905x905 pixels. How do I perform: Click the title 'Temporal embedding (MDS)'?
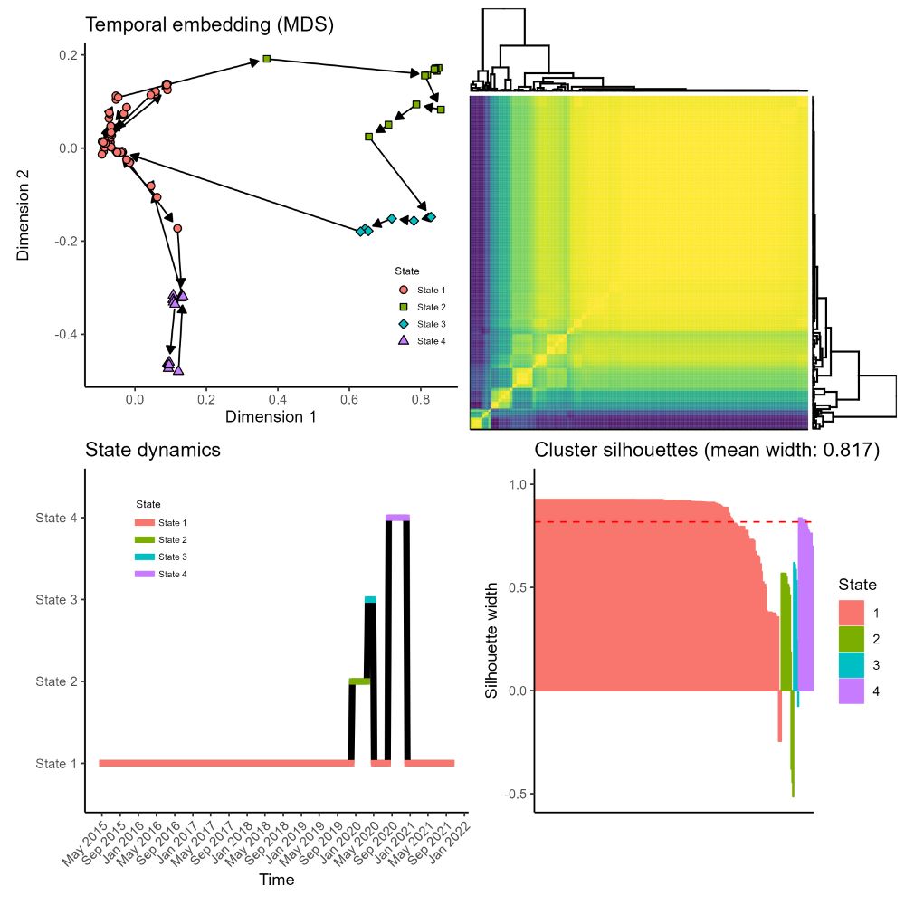pyautogui.click(x=210, y=25)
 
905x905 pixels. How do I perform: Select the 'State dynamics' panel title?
pyautogui.click(x=153, y=450)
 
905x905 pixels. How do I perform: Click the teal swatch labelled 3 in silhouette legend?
pyautogui.click(x=851, y=665)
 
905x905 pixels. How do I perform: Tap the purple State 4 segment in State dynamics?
pyautogui.click(x=397, y=518)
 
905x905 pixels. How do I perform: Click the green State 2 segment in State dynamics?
pyautogui.click(x=360, y=681)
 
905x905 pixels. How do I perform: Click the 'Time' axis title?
pyautogui.click(x=276, y=879)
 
